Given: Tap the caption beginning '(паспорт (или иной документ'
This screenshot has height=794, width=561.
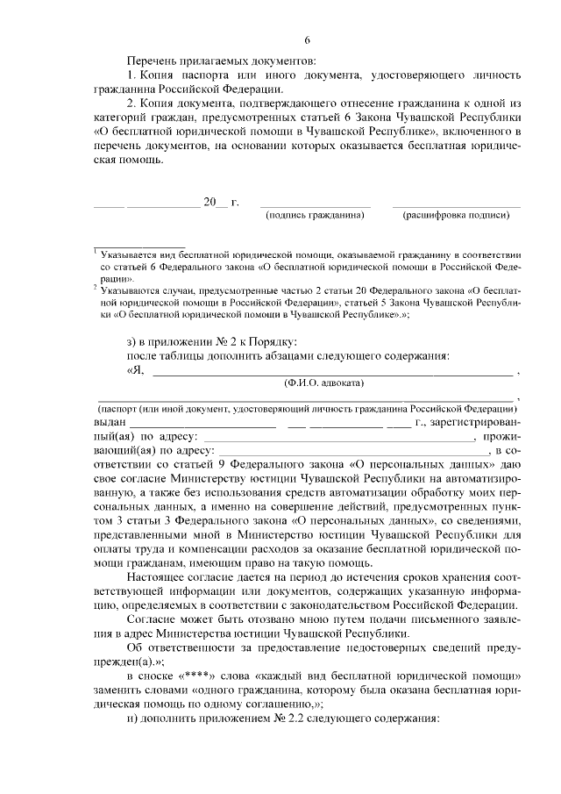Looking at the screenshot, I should coord(306,409).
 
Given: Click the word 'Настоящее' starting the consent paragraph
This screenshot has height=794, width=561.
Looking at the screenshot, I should coord(157,577).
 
